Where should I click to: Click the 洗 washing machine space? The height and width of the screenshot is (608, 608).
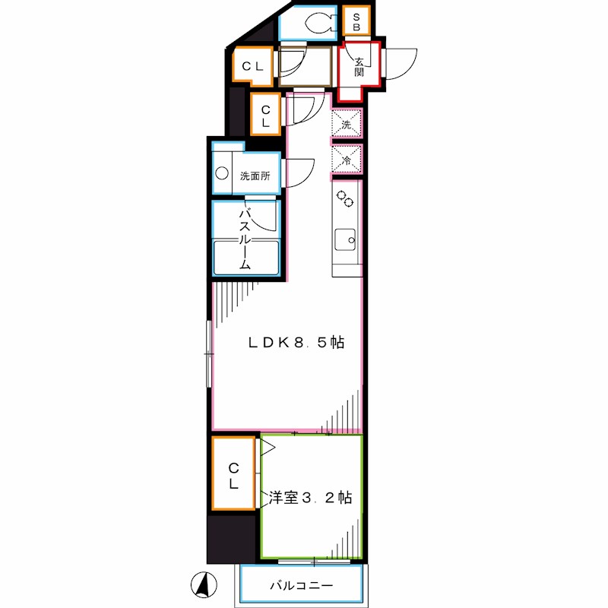[346, 124]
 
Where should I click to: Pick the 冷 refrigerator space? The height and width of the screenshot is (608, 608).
[346, 160]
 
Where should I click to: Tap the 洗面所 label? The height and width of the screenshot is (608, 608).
[255, 176]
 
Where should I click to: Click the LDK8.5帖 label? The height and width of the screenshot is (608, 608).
[296, 343]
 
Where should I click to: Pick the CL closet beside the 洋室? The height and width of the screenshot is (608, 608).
[234, 474]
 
